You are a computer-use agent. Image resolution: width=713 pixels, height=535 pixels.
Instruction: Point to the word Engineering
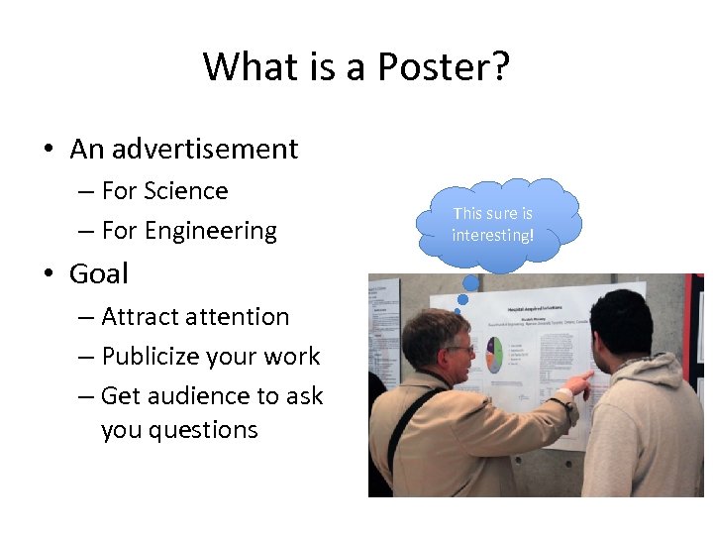211,231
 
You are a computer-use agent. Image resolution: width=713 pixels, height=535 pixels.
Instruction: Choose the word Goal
99,272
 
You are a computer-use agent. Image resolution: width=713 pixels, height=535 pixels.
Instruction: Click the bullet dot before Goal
48,274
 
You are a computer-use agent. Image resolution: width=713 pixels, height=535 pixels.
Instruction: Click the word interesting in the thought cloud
491,235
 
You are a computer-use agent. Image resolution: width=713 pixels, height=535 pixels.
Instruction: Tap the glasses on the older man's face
459,349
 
